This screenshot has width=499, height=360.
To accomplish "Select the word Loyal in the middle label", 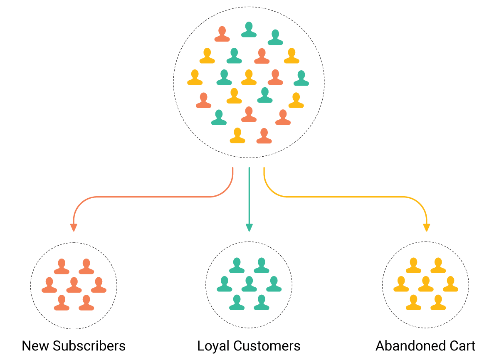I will pyautogui.click(x=214, y=346).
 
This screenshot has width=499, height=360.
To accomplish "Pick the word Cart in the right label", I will pyautogui.click(x=462, y=346).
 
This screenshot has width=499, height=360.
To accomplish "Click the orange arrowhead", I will pyautogui.click(x=74, y=227).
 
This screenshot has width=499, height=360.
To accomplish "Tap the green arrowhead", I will pyautogui.click(x=249, y=227).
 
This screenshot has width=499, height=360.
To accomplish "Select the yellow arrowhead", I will pyautogui.click(x=426, y=227).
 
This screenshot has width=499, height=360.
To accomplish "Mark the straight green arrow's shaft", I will pyautogui.click(x=249, y=195).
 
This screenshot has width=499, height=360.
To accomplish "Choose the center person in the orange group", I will pyautogui.click(x=74, y=285).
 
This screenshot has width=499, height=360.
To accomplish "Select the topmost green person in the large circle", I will pyautogui.click(x=249, y=30).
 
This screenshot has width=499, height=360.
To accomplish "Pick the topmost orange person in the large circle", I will pyautogui.click(x=222, y=35).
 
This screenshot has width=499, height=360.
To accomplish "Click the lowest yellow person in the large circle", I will pyautogui.click(x=237, y=136).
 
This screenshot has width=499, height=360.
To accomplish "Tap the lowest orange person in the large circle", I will pyautogui.click(x=264, y=136).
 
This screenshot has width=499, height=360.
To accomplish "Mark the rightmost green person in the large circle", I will pyautogui.click(x=301, y=79).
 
